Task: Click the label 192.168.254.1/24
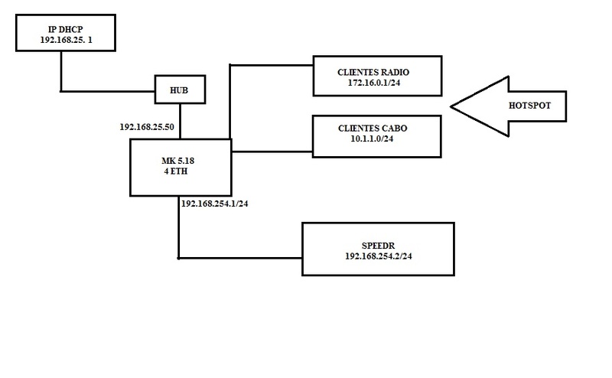tap(217, 204)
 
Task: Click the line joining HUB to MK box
tap(179, 121)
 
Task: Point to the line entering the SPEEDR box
tap(241, 257)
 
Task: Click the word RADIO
tap(402, 71)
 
